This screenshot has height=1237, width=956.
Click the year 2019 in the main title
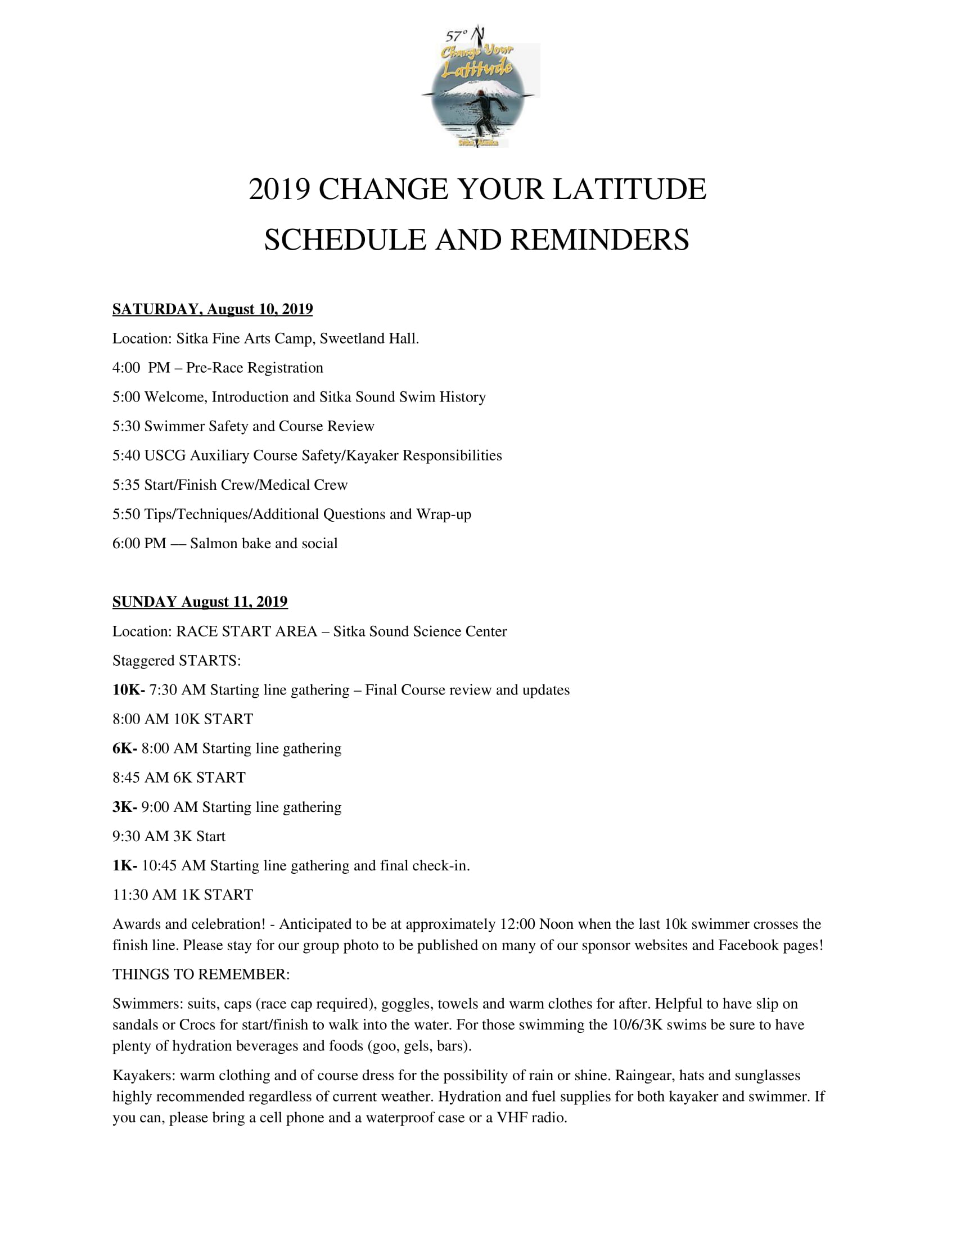coord(279,189)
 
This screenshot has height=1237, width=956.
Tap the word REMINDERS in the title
coord(600,240)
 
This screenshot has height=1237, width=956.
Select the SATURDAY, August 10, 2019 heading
coord(213,309)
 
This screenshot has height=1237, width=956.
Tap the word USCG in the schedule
coord(165,456)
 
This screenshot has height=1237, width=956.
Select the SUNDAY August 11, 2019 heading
coord(200,602)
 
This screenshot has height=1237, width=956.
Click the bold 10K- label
coord(129,690)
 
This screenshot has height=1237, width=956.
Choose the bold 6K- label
coord(125,749)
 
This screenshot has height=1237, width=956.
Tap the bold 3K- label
coord(125,807)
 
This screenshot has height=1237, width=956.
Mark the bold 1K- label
coord(125,865)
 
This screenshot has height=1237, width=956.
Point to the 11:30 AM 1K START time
coord(145,895)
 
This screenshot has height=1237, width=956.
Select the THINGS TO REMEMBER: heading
coord(201,975)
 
